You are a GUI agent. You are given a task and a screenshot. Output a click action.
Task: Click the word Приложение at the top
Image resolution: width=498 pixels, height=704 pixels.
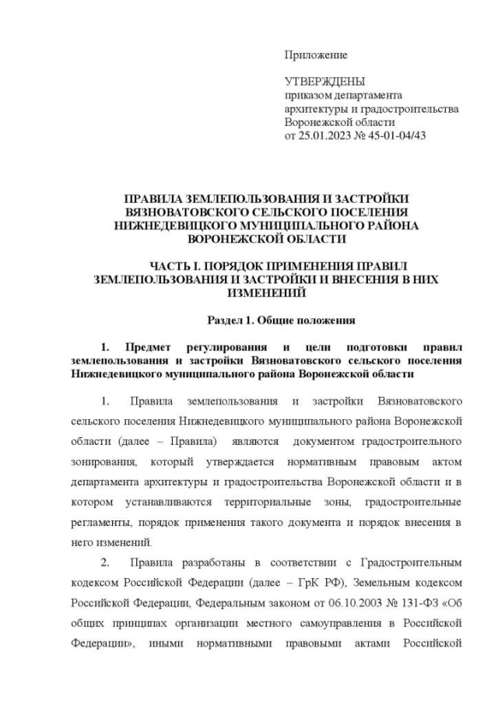[x=315, y=55]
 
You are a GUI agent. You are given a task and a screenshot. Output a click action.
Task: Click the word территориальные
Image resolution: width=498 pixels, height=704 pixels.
[x=276, y=502]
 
